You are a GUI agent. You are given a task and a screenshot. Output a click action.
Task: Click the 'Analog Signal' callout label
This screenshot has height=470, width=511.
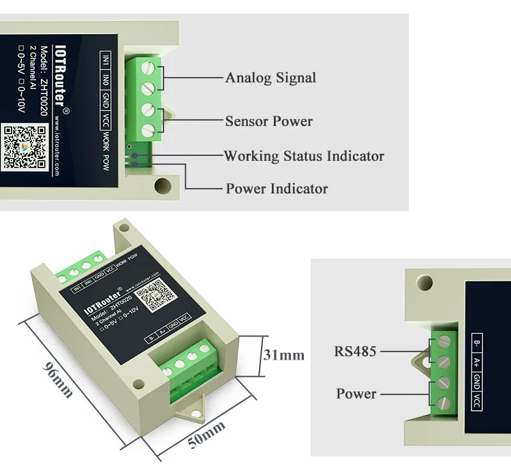tap(270, 78)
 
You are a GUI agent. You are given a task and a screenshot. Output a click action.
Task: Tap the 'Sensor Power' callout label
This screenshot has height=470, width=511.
tap(268, 121)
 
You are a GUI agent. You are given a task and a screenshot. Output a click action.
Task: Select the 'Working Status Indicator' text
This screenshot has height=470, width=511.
tap(304, 156)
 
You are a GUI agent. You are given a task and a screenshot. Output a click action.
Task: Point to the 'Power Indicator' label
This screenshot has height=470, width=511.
tap(277, 189)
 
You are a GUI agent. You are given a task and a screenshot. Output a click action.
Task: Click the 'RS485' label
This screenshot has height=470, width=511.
tap(355, 352)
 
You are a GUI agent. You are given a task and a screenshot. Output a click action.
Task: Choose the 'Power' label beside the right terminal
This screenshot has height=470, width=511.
tap(356, 394)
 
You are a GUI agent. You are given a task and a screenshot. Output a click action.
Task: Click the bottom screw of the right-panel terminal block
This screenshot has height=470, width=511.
tap(444, 403)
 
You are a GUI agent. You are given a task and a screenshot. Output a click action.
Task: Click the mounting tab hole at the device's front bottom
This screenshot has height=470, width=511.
tap(189, 412)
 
